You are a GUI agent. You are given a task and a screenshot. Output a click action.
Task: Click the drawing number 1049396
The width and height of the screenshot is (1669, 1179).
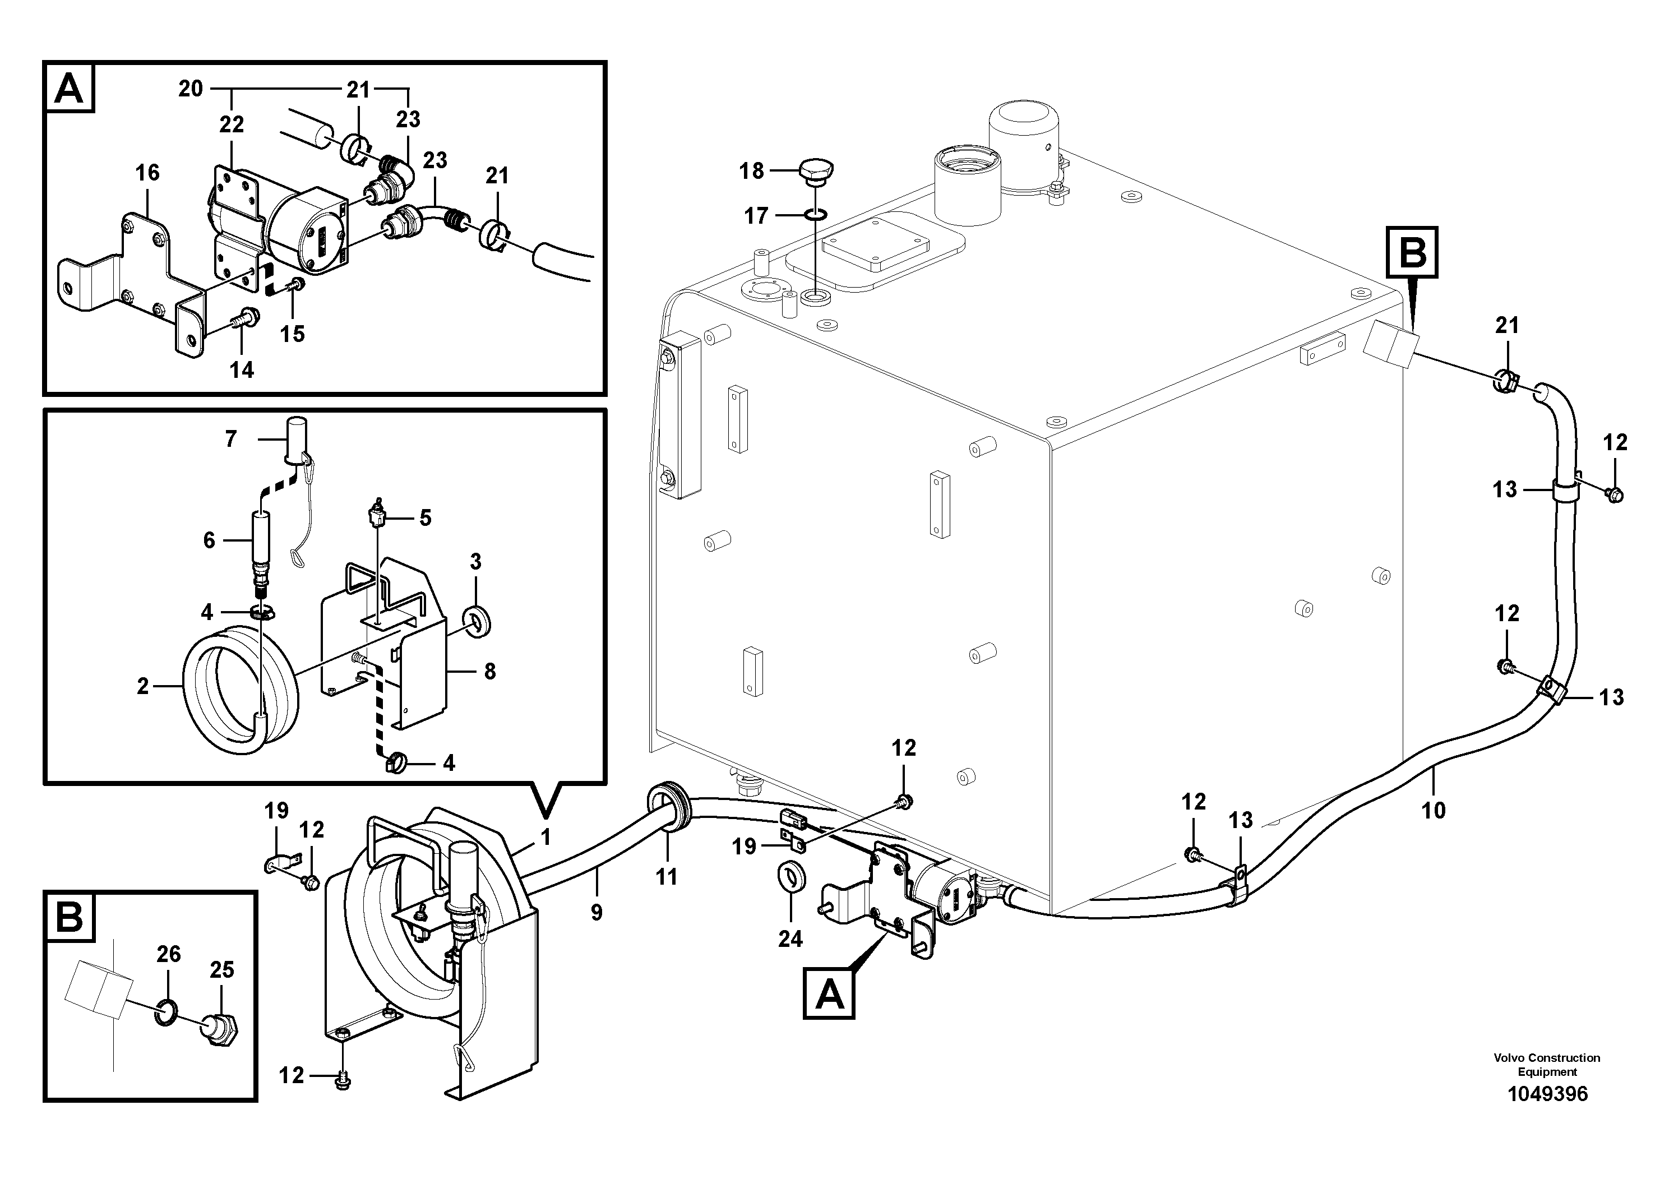[1547, 1115]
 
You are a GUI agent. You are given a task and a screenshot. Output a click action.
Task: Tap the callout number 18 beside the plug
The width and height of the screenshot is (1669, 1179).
[752, 171]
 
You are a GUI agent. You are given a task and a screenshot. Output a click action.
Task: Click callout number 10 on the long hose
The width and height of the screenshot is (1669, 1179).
[1434, 810]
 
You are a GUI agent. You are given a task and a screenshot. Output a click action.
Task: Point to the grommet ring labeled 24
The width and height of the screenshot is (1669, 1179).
[792, 877]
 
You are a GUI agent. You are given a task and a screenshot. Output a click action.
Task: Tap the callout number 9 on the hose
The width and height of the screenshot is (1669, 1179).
[596, 912]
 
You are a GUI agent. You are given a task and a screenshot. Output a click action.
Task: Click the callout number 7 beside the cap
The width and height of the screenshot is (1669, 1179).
[230, 439]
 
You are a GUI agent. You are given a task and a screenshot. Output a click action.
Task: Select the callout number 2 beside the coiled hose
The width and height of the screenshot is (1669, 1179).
[142, 686]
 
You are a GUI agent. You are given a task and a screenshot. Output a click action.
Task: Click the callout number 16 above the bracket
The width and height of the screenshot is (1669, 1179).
[147, 173]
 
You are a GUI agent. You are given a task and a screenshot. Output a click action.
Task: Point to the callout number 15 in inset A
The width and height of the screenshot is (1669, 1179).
[292, 334]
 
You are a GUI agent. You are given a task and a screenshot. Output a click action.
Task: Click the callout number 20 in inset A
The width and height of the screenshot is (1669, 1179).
[191, 89]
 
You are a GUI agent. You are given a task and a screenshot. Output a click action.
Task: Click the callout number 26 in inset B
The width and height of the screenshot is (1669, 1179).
[169, 954]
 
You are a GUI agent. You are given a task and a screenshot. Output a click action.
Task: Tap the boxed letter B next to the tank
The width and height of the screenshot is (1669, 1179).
[1412, 253]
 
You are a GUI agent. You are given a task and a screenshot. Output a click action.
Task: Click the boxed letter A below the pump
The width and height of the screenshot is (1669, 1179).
[829, 993]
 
